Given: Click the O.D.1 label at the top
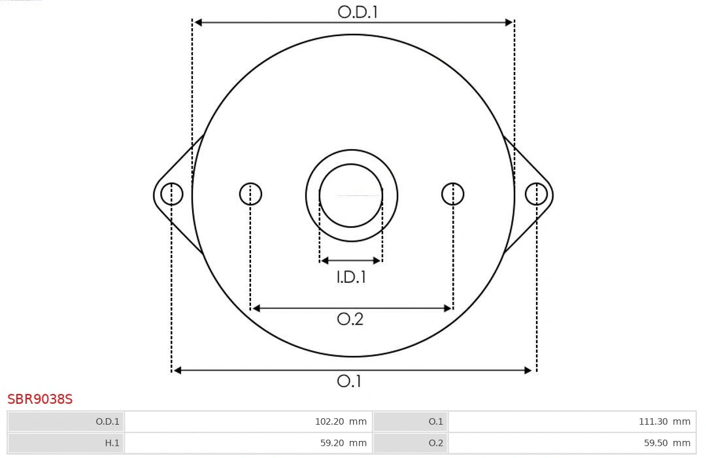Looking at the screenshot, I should tap(358, 12).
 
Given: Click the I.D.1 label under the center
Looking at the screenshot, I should tap(351, 277).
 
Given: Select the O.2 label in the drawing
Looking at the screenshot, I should tap(350, 319).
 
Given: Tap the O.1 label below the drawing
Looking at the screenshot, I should tap(349, 381).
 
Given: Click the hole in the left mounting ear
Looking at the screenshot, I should tap(172, 194).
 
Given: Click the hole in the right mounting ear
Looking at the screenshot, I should tap(536, 194).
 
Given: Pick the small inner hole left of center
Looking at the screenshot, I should tap(250, 194).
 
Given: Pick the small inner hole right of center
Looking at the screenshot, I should tap(453, 194).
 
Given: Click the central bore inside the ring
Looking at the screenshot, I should tap(351, 195).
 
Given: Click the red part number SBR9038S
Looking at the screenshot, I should tap(40, 399).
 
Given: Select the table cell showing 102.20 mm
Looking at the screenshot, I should tap(248, 421).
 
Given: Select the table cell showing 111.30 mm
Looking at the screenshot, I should tap(572, 421).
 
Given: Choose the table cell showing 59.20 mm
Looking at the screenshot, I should tap(248, 443).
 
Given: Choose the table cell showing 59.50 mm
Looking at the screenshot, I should tap(572, 443).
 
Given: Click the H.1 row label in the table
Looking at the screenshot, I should tap(65, 443).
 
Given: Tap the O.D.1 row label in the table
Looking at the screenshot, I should tap(65, 421).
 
